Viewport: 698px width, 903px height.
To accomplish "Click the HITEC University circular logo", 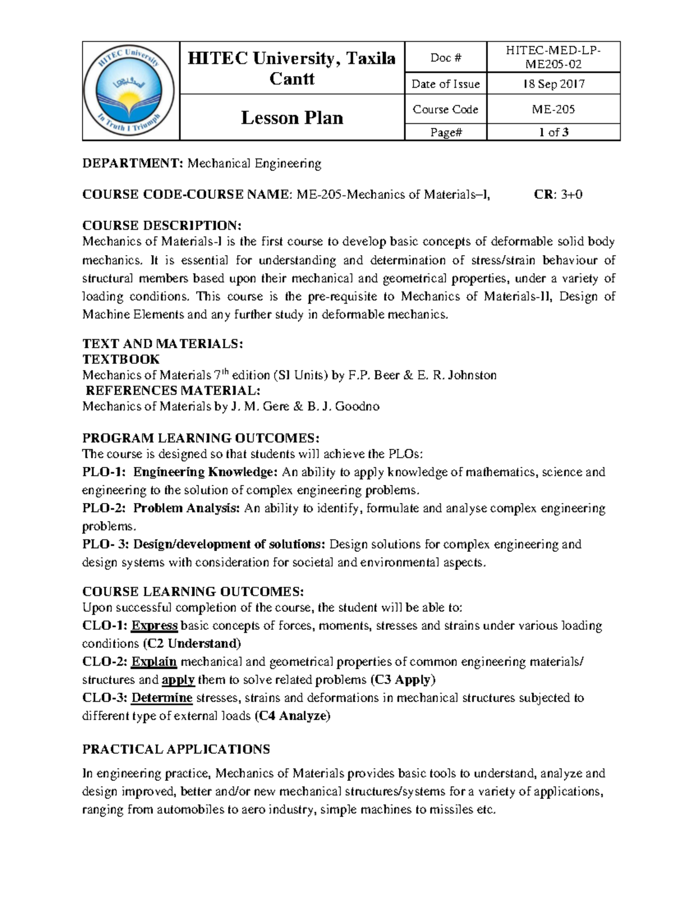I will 131,91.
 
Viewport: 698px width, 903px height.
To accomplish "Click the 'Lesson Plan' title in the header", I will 292,117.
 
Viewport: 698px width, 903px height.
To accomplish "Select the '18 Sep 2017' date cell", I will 553,84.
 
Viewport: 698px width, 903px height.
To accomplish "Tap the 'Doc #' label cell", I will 446,58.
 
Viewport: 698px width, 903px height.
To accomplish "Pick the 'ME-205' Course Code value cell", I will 553,109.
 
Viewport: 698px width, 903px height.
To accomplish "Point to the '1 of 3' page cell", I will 553,133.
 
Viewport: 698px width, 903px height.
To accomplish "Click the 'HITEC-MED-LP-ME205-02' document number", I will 553,58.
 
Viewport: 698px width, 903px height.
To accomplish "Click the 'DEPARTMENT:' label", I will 133,164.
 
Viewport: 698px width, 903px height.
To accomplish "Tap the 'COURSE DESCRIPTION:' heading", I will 161,226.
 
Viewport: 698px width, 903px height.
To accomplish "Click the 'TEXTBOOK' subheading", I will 121,359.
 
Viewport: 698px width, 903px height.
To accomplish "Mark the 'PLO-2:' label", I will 104,509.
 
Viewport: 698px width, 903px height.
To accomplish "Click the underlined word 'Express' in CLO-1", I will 154,626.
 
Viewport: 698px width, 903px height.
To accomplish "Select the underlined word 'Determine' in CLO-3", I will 162,698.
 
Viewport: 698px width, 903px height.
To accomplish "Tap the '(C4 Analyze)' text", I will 293,716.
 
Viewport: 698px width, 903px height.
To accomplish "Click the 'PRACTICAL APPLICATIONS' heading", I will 176,749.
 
